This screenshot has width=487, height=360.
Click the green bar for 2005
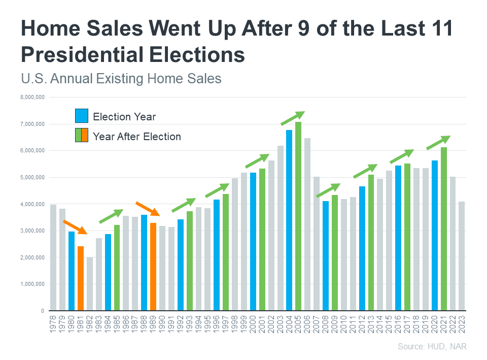(298, 216)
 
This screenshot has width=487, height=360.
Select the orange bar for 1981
(81, 278)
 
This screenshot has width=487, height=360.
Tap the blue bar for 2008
(326, 256)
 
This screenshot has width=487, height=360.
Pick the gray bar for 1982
(90, 284)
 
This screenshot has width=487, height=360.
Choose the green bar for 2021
(444, 228)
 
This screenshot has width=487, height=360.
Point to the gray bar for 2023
(462, 256)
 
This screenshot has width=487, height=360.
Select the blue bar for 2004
(289, 220)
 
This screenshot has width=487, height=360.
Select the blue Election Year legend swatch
(82, 116)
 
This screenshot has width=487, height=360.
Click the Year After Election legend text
(137, 136)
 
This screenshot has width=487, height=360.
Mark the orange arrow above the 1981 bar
(75, 227)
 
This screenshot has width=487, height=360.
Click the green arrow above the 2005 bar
(293, 118)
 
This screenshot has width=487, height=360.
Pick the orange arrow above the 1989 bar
(148, 208)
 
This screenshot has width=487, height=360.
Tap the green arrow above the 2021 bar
(438, 143)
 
